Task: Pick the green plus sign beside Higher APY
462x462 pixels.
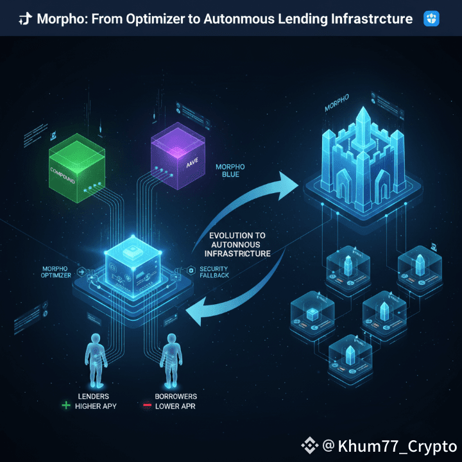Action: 65,406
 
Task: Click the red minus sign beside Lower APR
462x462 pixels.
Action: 146,406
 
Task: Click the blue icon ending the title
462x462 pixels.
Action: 432,19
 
